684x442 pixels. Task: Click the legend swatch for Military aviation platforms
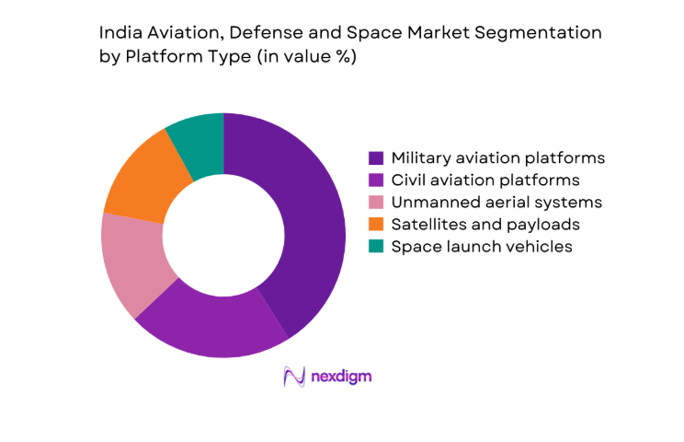(376, 157)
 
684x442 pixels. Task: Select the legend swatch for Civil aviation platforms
(376, 180)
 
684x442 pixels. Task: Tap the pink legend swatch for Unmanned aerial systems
(376, 202)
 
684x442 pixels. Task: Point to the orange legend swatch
(376, 224)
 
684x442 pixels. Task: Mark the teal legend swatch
(376, 246)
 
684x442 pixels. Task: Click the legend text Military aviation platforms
(497, 157)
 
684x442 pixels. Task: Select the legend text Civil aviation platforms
(485, 180)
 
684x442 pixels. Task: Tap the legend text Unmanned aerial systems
(496, 202)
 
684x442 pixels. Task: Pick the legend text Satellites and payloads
(485, 224)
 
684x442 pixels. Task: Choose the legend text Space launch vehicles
(482, 246)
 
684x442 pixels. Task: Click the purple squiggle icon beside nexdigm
(294, 377)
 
